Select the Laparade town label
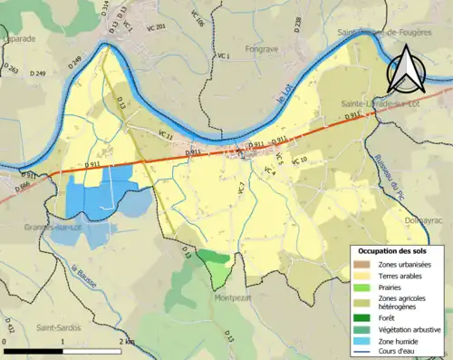17,40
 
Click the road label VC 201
155,27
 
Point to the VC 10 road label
298,160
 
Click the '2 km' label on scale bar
126,342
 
